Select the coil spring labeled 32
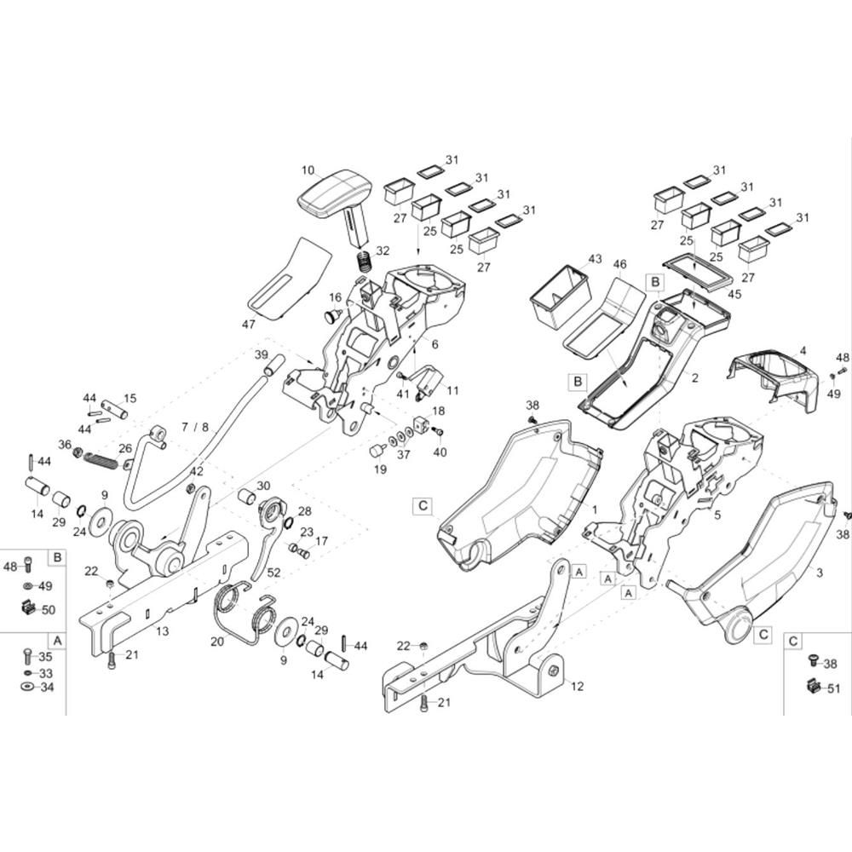[x=364, y=262]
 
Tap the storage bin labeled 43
[x=561, y=297]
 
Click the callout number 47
[x=248, y=325]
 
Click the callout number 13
[x=163, y=630]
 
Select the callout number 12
[x=578, y=686]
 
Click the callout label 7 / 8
[x=195, y=427]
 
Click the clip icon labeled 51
[x=813, y=686]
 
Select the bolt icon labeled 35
[x=28, y=656]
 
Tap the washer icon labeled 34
[x=27, y=687]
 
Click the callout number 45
[x=734, y=294]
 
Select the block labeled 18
[x=422, y=424]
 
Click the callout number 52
[x=273, y=573]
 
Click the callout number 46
[x=620, y=265]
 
